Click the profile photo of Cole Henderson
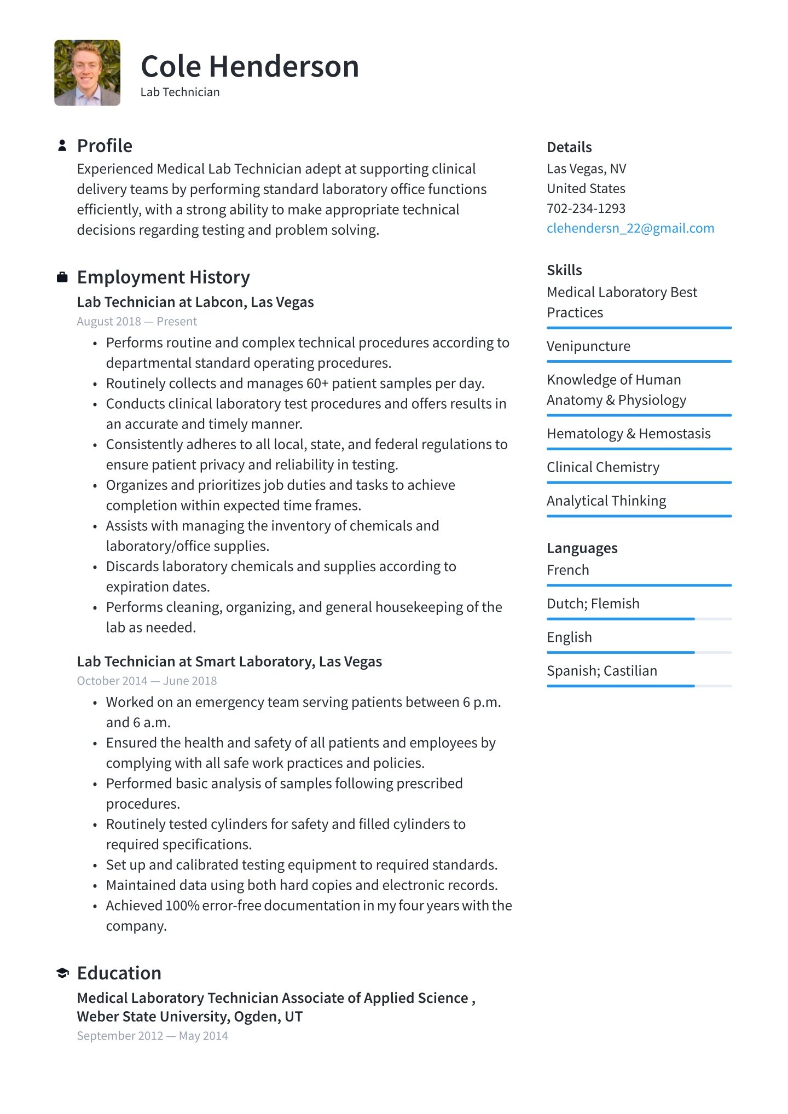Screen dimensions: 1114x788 (x=87, y=73)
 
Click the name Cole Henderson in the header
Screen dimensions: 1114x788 (x=250, y=67)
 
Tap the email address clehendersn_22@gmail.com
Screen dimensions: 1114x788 (x=630, y=228)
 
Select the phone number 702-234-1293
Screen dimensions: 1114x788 (x=586, y=208)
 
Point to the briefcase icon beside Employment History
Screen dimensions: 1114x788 (x=62, y=277)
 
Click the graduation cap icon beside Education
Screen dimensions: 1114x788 (x=62, y=973)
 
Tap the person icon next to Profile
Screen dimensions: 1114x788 (x=62, y=146)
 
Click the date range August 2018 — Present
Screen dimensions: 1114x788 (x=137, y=322)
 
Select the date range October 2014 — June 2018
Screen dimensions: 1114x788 (x=147, y=681)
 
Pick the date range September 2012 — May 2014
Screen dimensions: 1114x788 (x=152, y=1036)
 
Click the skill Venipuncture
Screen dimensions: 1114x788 (x=588, y=346)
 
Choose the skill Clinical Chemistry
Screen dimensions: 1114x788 (x=602, y=467)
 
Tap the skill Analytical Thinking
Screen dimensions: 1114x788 (x=606, y=501)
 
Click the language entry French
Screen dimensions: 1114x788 (x=567, y=570)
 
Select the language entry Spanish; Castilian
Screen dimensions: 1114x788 (x=601, y=671)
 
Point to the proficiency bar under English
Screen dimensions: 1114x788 (x=639, y=652)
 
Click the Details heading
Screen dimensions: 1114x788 (x=569, y=147)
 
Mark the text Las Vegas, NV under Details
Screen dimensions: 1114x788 (x=586, y=169)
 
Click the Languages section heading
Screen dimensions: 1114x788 (x=582, y=548)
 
